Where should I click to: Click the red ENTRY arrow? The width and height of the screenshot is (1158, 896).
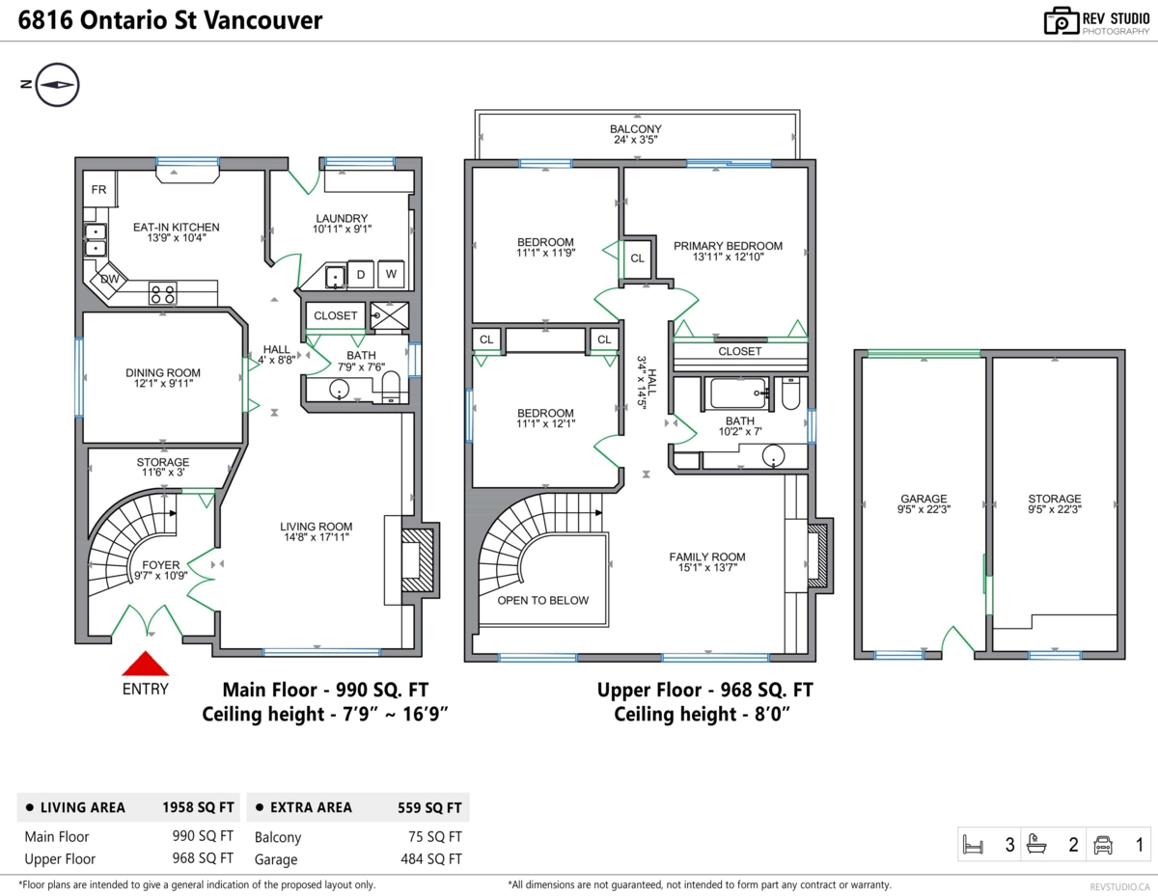[145, 665]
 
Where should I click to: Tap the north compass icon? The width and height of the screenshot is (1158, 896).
[57, 85]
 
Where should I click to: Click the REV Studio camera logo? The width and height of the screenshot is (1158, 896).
[1061, 20]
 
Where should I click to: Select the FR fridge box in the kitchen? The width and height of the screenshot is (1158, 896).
[98, 189]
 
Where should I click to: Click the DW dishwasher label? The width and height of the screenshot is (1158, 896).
[109, 280]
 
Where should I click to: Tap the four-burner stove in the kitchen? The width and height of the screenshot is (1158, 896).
[162, 293]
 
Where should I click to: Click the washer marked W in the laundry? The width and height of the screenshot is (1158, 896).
[391, 274]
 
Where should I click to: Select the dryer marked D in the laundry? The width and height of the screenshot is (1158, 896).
[361, 274]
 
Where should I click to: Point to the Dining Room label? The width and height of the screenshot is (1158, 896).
[163, 378]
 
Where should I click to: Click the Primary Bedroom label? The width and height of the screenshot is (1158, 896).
[728, 252]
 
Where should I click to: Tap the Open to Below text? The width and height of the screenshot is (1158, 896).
[542, 600]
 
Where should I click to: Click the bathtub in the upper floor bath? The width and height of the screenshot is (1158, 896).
[738, 394]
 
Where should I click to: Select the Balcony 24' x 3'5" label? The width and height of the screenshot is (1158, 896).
[635, 135]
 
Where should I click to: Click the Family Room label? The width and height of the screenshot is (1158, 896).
[707, 562]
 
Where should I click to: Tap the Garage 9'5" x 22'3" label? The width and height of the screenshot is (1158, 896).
[924, 504]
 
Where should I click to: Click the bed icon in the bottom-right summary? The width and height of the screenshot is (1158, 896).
[974, 845]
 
